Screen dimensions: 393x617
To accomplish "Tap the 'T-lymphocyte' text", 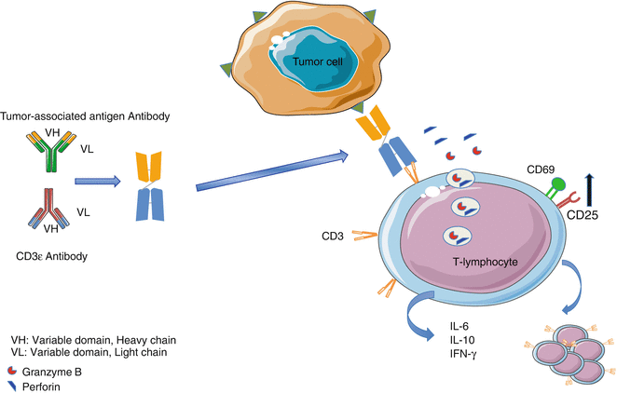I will point(483,263).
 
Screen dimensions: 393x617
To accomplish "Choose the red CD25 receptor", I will point(568,197).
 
